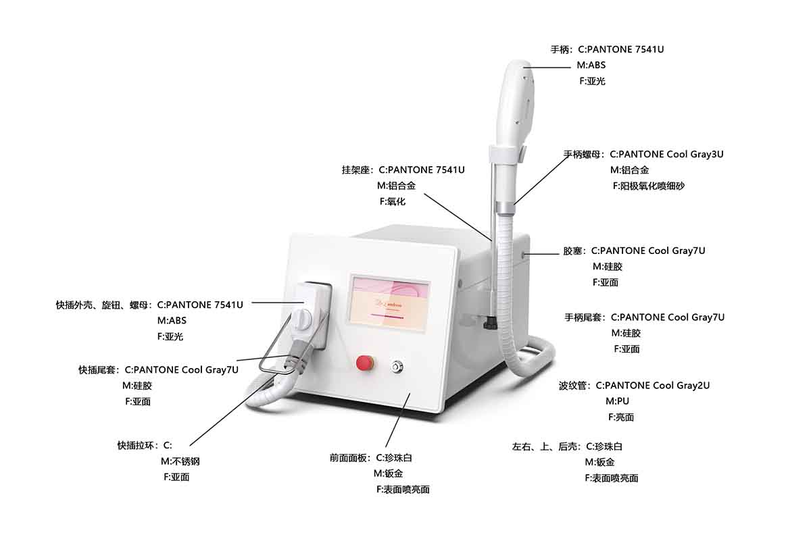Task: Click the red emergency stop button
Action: point(366,363)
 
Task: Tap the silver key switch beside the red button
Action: point(396,367)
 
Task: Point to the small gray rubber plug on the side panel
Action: point(522,254)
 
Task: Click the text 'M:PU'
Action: point(617,401)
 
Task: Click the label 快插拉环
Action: point(137,446)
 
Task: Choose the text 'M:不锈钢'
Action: point(180,461)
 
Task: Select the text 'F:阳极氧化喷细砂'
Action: point(648,186)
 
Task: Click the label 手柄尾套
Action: point(585,317)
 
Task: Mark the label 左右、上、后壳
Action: point(547,446)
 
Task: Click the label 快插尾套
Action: point(99,370)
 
